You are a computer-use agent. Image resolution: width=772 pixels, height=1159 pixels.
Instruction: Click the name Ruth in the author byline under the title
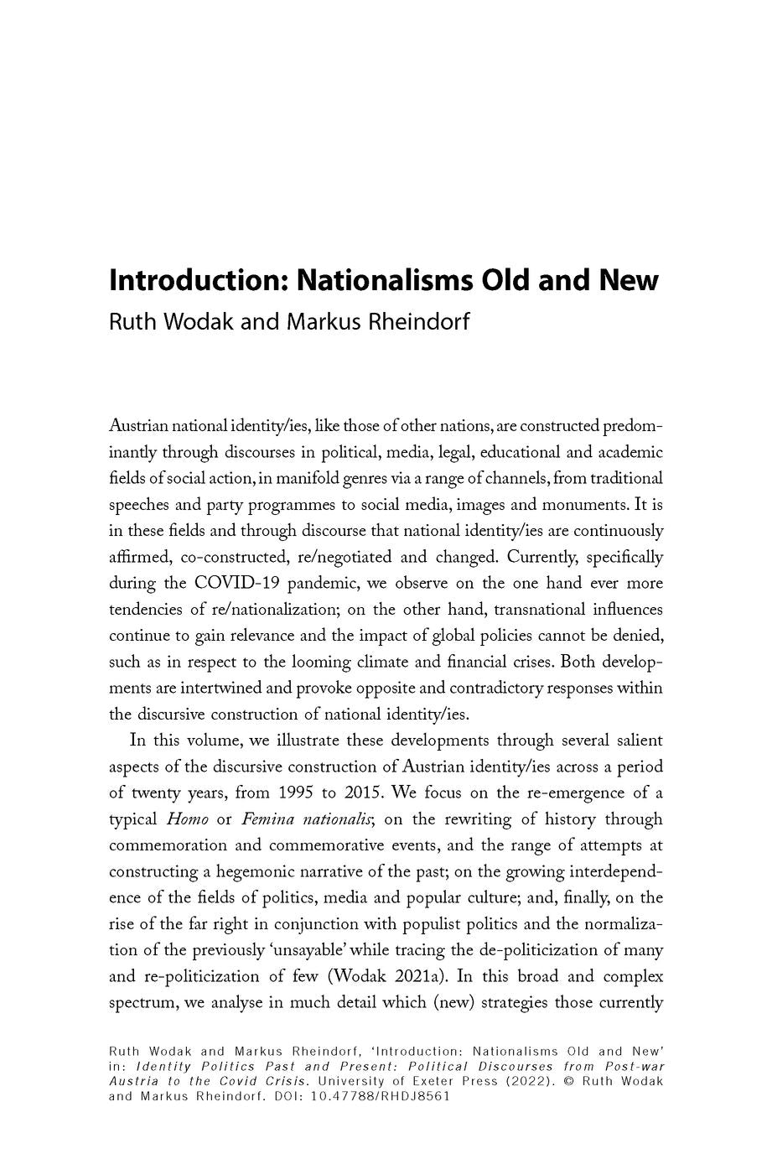130,322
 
